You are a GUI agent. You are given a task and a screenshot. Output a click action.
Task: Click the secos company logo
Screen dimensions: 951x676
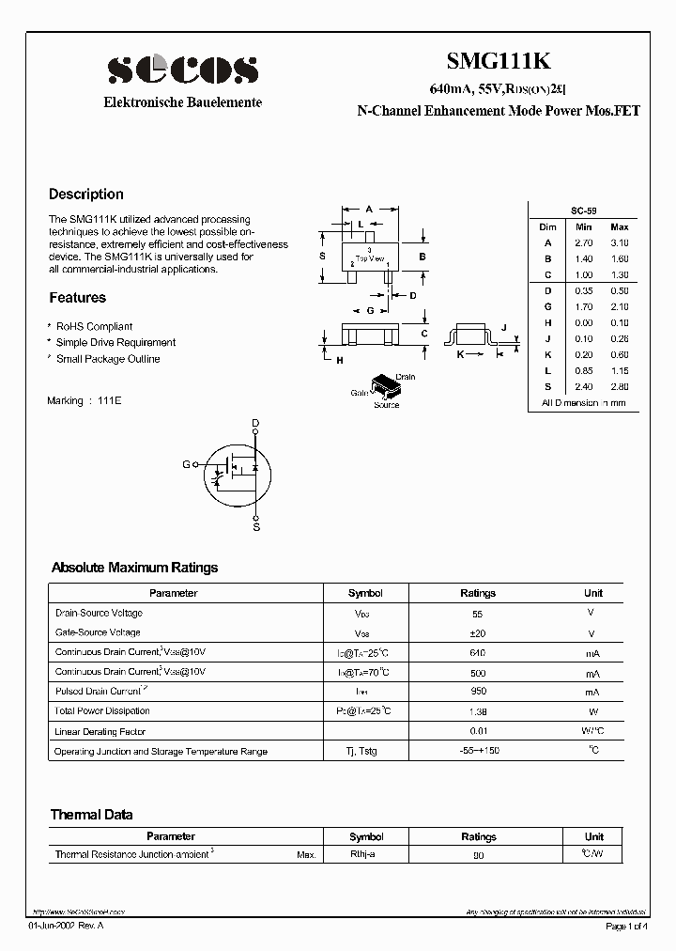click(182, 69)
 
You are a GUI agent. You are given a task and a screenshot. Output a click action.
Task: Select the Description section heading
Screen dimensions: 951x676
click(85, 195)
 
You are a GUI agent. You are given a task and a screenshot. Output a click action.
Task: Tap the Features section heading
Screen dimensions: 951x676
click(77, 298)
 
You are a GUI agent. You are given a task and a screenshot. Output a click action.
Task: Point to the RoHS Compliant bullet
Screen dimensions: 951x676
click(94, 327)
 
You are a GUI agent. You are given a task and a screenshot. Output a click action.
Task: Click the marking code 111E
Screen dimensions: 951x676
click(111, 400)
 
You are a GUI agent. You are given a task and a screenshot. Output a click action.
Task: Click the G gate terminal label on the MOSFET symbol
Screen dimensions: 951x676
click(185, 464)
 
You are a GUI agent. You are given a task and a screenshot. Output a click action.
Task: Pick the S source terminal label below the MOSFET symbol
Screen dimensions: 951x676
click(255, 528)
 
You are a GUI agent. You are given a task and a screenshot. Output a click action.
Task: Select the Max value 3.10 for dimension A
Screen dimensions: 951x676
click(619, 242)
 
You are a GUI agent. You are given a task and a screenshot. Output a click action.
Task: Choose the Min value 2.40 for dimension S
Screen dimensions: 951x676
click(583, 386)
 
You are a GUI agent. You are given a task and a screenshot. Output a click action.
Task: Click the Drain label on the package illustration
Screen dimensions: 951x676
click(405, 377)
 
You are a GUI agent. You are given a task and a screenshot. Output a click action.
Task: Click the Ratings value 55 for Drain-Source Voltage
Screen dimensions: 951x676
click(477, 613)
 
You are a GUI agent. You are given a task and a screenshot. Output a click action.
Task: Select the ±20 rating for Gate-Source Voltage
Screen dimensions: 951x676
click(477, 633)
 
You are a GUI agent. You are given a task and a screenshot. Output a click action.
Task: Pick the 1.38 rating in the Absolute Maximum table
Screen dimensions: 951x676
click(477, 711)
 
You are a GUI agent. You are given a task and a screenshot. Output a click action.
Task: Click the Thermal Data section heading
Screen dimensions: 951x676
click(91, 815)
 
